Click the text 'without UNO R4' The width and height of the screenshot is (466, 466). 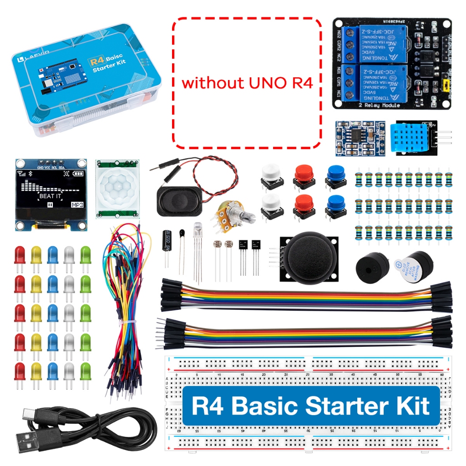tap(247, 83)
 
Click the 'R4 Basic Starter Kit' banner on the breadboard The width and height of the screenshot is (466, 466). tap(311, 405)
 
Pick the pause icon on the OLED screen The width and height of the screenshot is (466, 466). tap(51, 205)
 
